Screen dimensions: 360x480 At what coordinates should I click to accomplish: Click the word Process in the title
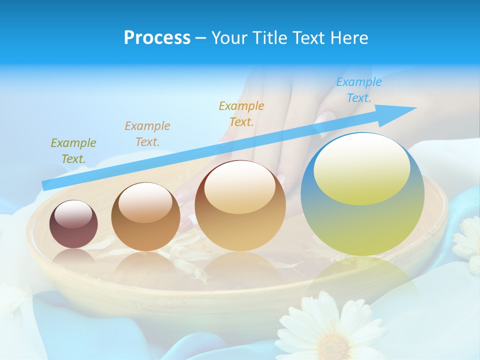(157, 37)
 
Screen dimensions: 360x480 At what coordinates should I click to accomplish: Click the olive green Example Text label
(73, 150)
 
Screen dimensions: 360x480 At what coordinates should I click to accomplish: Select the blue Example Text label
(358, 90)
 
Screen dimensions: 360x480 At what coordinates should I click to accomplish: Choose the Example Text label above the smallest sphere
(73, 150)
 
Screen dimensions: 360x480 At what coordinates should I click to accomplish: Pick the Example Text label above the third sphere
(241, 113)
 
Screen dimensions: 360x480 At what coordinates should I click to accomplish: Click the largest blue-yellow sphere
(362, 220)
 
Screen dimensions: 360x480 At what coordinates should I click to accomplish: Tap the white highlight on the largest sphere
(361, 167)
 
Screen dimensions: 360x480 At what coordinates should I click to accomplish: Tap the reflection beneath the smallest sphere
(73, 257)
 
